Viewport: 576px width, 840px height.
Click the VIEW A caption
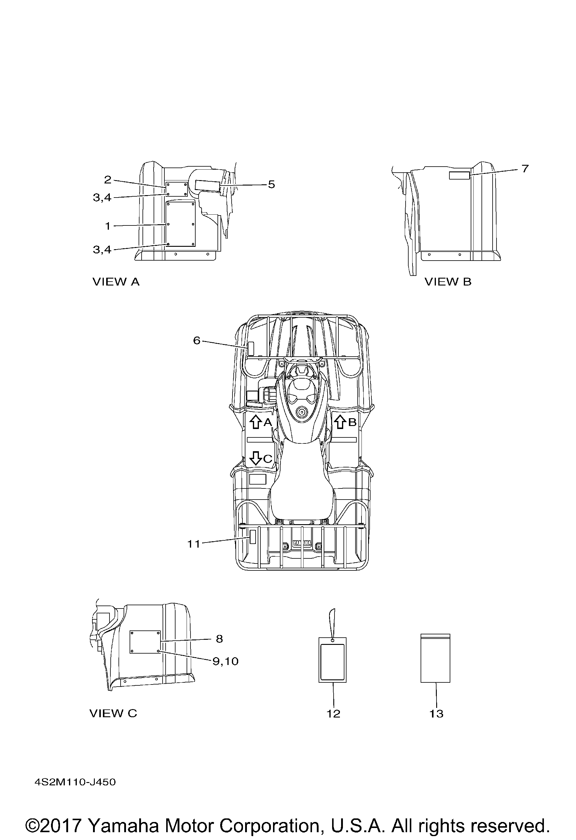click(116, 282)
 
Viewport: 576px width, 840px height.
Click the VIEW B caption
click(448, 282)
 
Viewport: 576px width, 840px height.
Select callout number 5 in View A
click(271, 184)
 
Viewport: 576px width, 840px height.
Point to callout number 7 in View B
click(525, 168)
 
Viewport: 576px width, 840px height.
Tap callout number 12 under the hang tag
click(333, 714)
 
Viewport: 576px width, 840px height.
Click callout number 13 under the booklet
click(436, 714)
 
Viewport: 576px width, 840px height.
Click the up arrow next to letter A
click(256, 422)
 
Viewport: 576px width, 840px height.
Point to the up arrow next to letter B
click(340, 422)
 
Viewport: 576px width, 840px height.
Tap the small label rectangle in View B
click(459, 176)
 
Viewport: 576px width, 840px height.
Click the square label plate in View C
click(145, 642)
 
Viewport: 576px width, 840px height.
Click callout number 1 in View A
click(108, 226)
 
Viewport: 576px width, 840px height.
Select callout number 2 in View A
click(108, 180)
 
